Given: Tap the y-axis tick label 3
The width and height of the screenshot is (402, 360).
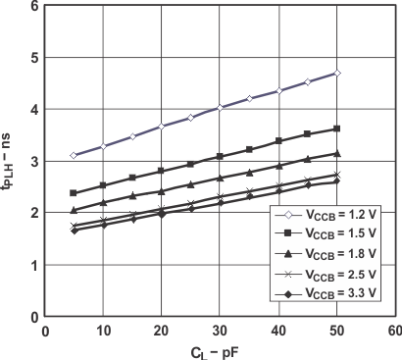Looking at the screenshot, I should [35, 161].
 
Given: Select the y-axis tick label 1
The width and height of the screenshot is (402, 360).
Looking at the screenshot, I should [35, 265].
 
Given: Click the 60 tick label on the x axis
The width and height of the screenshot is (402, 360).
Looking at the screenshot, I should [394, 332].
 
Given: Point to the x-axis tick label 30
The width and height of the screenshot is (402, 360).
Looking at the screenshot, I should [220, 332].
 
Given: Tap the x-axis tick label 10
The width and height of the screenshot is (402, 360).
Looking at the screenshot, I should [104, 332].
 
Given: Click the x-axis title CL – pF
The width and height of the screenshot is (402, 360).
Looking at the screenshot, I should [219, 351].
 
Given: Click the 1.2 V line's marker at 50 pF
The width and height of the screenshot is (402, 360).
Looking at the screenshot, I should [336, 74].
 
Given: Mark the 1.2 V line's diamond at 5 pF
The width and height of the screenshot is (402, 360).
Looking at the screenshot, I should [75, 156].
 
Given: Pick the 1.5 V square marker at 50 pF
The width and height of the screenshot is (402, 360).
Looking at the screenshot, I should [336, 129].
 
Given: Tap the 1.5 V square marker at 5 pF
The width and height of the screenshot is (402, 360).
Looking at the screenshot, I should [75, 193].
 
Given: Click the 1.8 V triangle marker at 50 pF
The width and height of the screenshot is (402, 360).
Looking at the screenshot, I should [336, 153].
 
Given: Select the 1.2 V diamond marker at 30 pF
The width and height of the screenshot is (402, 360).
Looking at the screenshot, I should [220, 108].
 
